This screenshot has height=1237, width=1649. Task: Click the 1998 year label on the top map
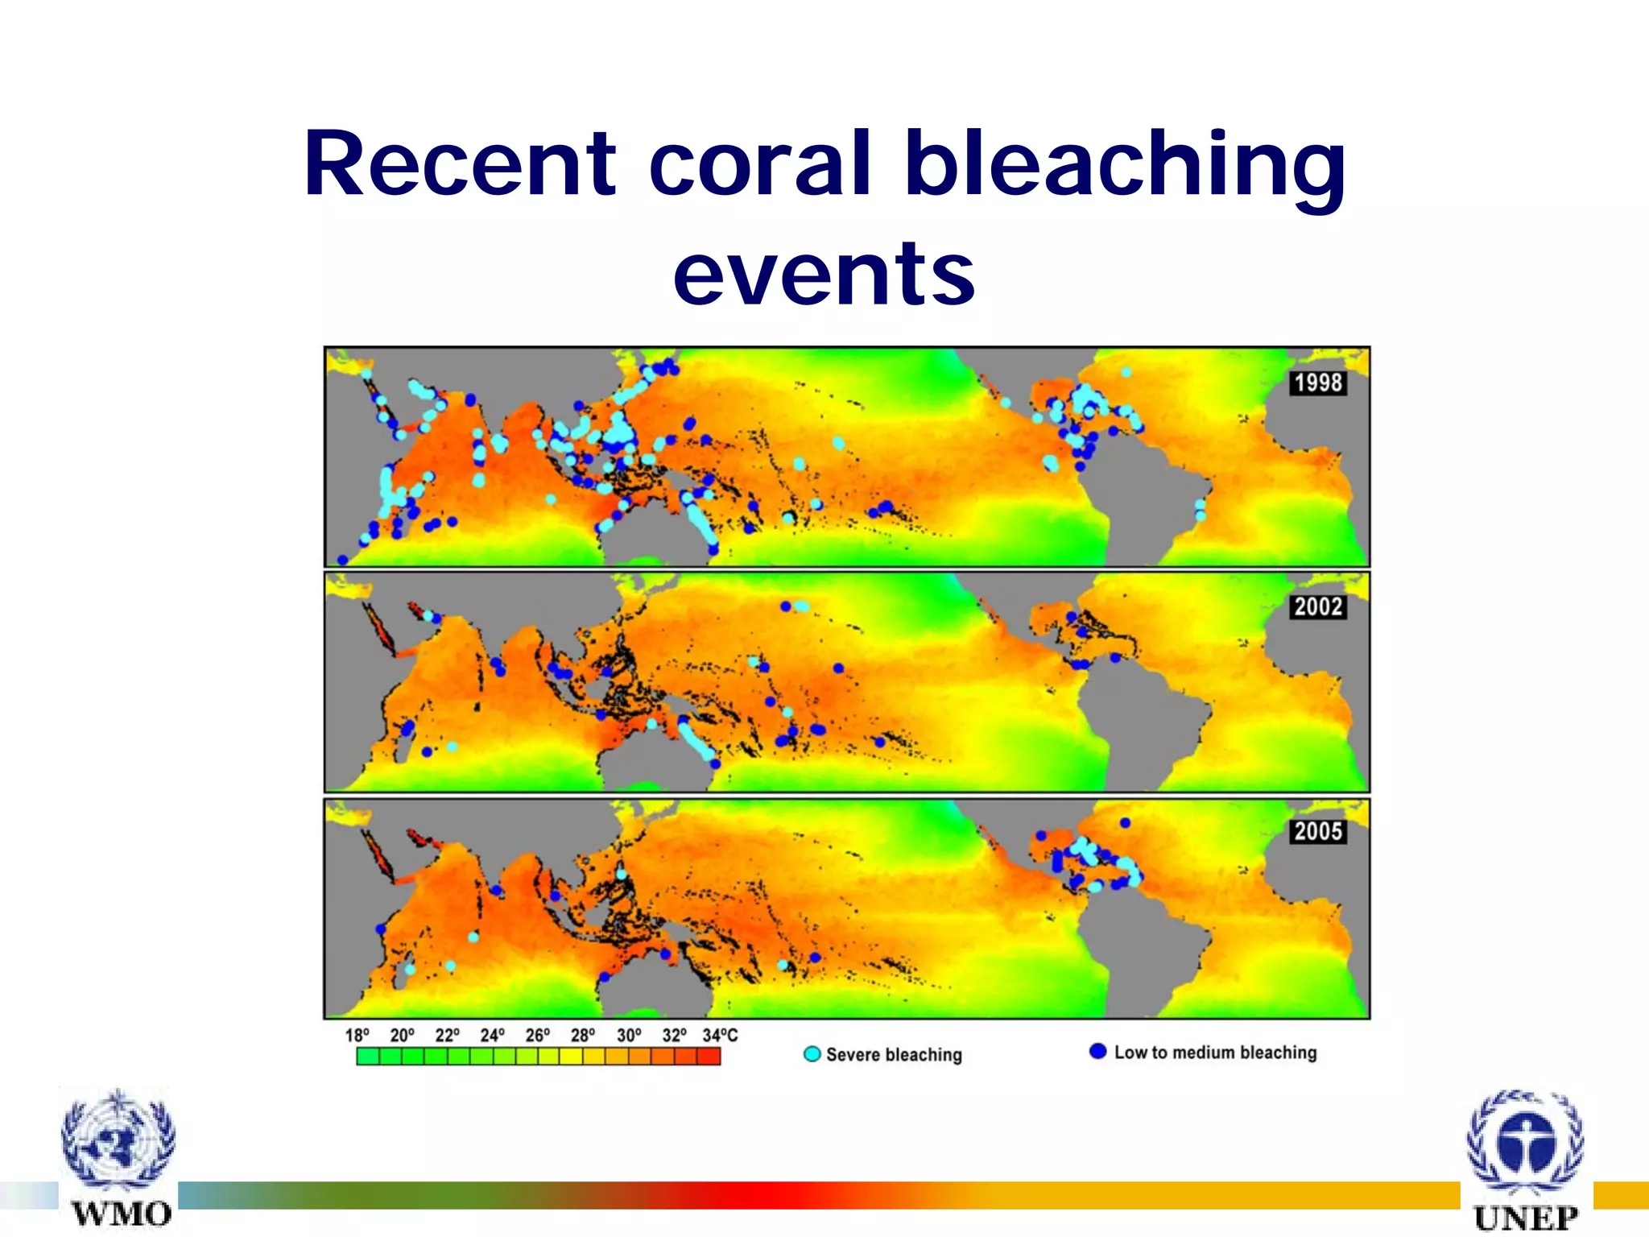click(x=1318, y=383)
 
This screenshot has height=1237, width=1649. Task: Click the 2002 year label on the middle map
click(x=1318, y=606)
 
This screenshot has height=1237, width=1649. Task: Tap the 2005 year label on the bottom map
click(x=1318, y=831)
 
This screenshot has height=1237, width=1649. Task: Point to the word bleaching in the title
click(x=1125, y=164)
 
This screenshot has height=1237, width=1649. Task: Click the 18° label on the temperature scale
click(x=357, y=1036)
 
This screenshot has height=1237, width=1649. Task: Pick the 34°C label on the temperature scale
click(x=720, y=1036)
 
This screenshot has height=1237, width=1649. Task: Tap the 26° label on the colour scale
click(x=538, y=1036)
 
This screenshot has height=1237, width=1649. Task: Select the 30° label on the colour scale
click(x=629, y=1036)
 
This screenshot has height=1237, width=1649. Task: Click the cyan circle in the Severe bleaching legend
click(x=812, y=1054)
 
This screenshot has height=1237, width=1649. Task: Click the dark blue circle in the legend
click(x=1097, y=1051)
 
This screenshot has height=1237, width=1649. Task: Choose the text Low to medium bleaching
click(x=1215, y=1053)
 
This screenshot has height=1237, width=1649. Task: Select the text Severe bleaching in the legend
click(x=894, y=1055)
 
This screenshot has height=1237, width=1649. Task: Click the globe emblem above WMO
click(x=119, y=1140)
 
